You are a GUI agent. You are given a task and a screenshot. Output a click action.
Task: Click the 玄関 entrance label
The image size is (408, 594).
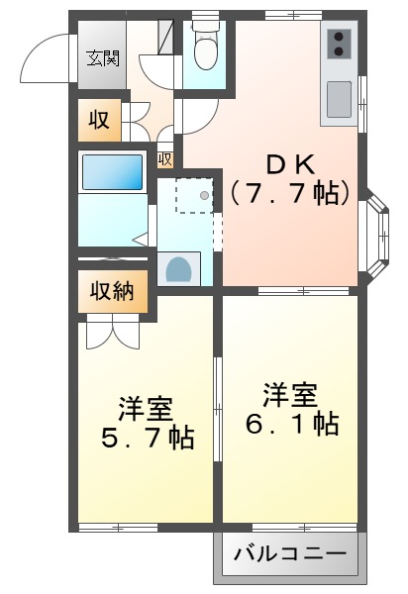99,57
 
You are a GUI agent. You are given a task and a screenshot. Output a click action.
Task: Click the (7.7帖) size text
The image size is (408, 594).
291,192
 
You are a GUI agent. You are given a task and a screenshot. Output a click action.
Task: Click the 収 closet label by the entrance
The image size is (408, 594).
99,121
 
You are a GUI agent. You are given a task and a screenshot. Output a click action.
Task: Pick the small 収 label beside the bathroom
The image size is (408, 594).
164,158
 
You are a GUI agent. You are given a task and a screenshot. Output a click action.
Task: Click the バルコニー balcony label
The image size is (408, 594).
290,553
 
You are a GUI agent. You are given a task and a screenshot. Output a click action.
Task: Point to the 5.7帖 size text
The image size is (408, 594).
146,437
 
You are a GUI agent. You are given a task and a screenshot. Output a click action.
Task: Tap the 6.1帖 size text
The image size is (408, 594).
291,425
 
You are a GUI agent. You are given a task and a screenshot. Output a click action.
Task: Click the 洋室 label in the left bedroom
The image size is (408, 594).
146,407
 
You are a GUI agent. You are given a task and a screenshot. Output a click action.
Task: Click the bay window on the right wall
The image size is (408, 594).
377,230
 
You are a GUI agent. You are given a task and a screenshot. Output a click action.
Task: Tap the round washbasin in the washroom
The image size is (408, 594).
179,269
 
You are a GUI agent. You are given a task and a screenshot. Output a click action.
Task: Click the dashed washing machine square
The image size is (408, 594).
194,196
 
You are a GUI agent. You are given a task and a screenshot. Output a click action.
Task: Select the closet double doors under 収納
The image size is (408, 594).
113,333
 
